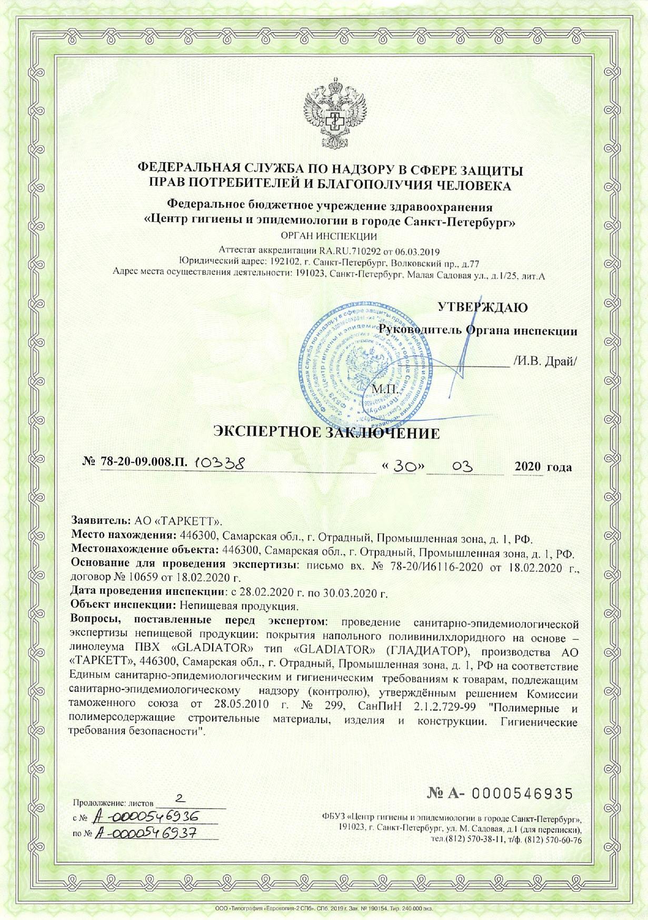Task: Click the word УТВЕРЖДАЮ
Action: tap(483, 307)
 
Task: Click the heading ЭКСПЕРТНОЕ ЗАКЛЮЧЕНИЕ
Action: tap(326, 433)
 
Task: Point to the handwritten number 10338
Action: tap(218, 463)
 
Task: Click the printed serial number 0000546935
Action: tap(521, 794)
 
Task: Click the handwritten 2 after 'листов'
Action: tap(181, 799)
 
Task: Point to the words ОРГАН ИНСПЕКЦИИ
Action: tap(330, 236)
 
